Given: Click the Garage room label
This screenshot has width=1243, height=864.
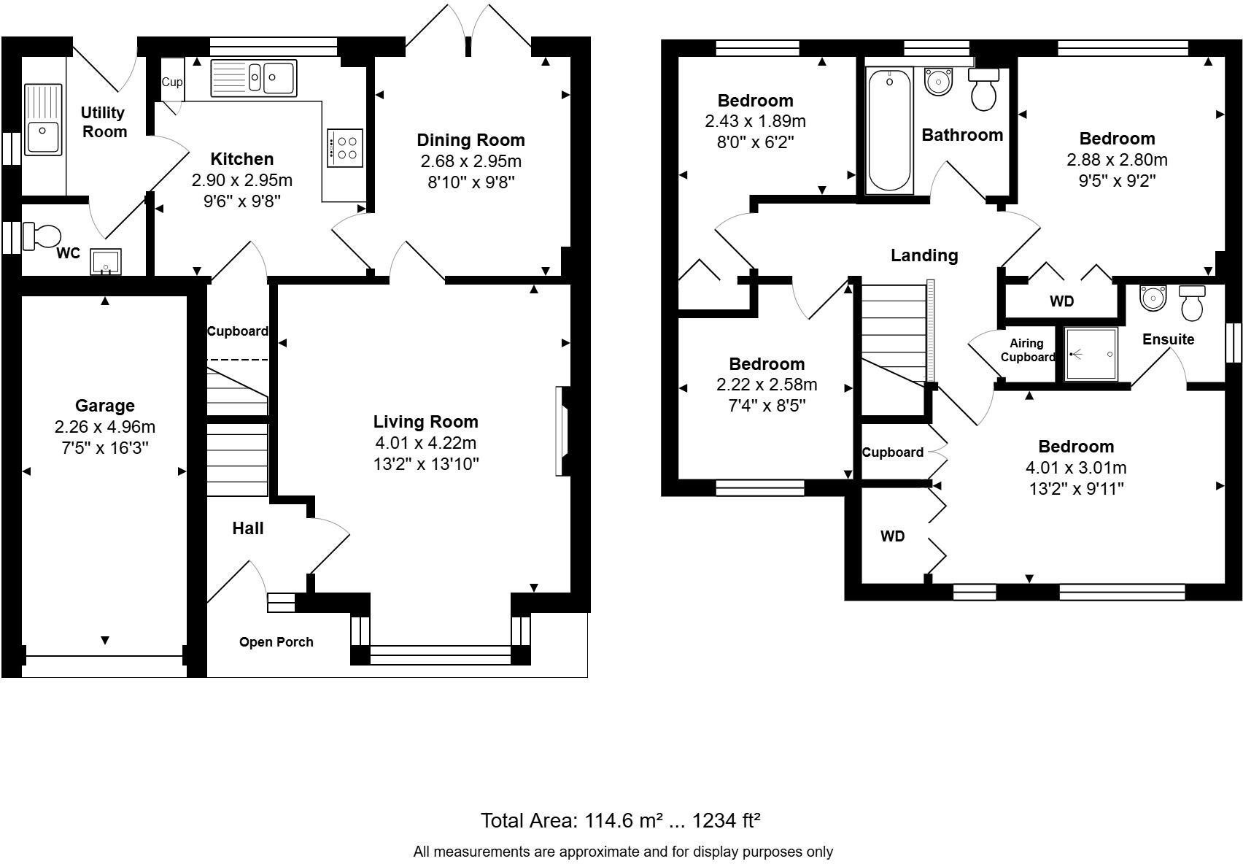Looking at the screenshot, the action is tap(105, 406).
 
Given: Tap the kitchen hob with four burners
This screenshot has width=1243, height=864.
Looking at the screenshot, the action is tap(345, 147).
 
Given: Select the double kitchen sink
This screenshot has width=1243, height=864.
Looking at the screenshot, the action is tap(254, 78).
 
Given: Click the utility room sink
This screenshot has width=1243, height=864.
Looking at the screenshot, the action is tap(43, 120).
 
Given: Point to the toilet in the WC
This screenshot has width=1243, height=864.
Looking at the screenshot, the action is tap(42, 236).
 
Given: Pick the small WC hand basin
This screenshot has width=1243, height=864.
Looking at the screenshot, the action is tap(106, 262).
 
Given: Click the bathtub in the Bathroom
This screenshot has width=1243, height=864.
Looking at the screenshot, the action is tap(889, 130).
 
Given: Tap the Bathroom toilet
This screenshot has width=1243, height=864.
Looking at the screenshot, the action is tap(983, 90).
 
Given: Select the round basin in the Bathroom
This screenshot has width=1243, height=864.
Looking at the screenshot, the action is tap(938, 82).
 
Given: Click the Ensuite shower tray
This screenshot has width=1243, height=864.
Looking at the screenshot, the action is tap(1091, 354).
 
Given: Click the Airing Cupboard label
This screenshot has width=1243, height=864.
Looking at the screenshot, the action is tap(1028, 350).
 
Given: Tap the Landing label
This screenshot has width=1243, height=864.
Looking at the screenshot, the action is tap(924, 255).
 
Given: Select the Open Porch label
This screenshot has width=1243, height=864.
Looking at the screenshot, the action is tap(276, 642).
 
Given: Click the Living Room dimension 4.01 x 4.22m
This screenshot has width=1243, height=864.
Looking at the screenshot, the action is tap(425, 442).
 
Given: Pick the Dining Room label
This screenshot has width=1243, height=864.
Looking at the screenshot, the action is tap(471, 140).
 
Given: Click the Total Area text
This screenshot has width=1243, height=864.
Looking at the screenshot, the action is tap(620, 820).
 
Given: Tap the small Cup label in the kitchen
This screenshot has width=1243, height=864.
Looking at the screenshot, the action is tap(172, 82).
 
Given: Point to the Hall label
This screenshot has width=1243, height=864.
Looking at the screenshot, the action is tap(247, 528).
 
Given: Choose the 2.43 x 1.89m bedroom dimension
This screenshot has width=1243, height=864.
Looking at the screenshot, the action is tap(755, 121).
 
